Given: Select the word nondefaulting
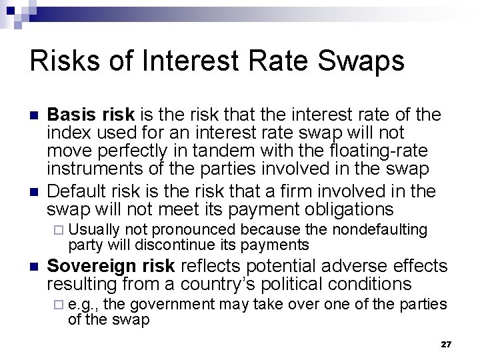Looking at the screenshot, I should point(379,229).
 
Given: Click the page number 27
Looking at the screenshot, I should point(446,344).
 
